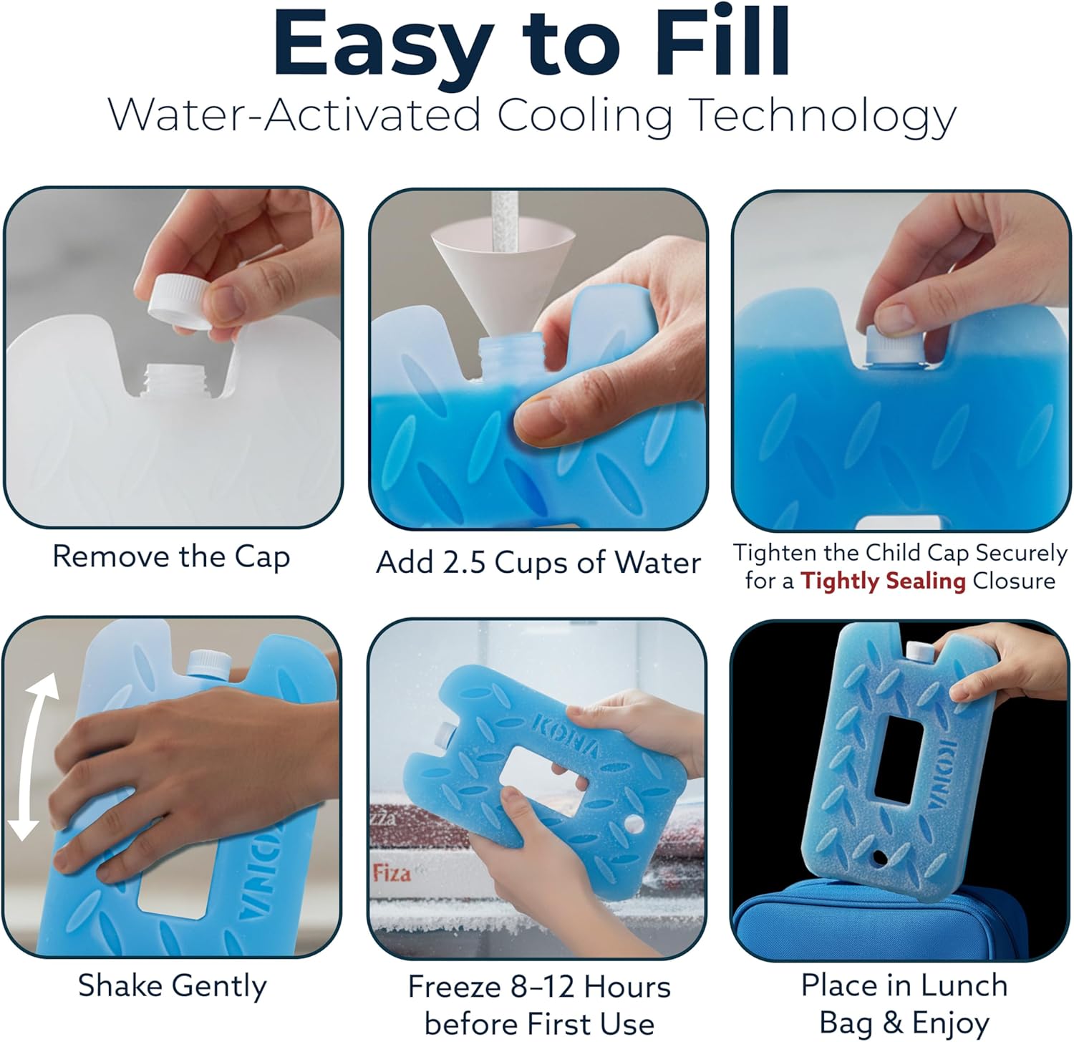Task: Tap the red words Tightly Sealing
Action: tap(883, 581)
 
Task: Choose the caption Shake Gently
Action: tap(172, 985)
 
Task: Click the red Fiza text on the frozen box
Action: tap(392, 873)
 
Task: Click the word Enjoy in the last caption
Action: tap(944, 1023)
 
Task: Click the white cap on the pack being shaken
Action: tap(208, 662)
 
